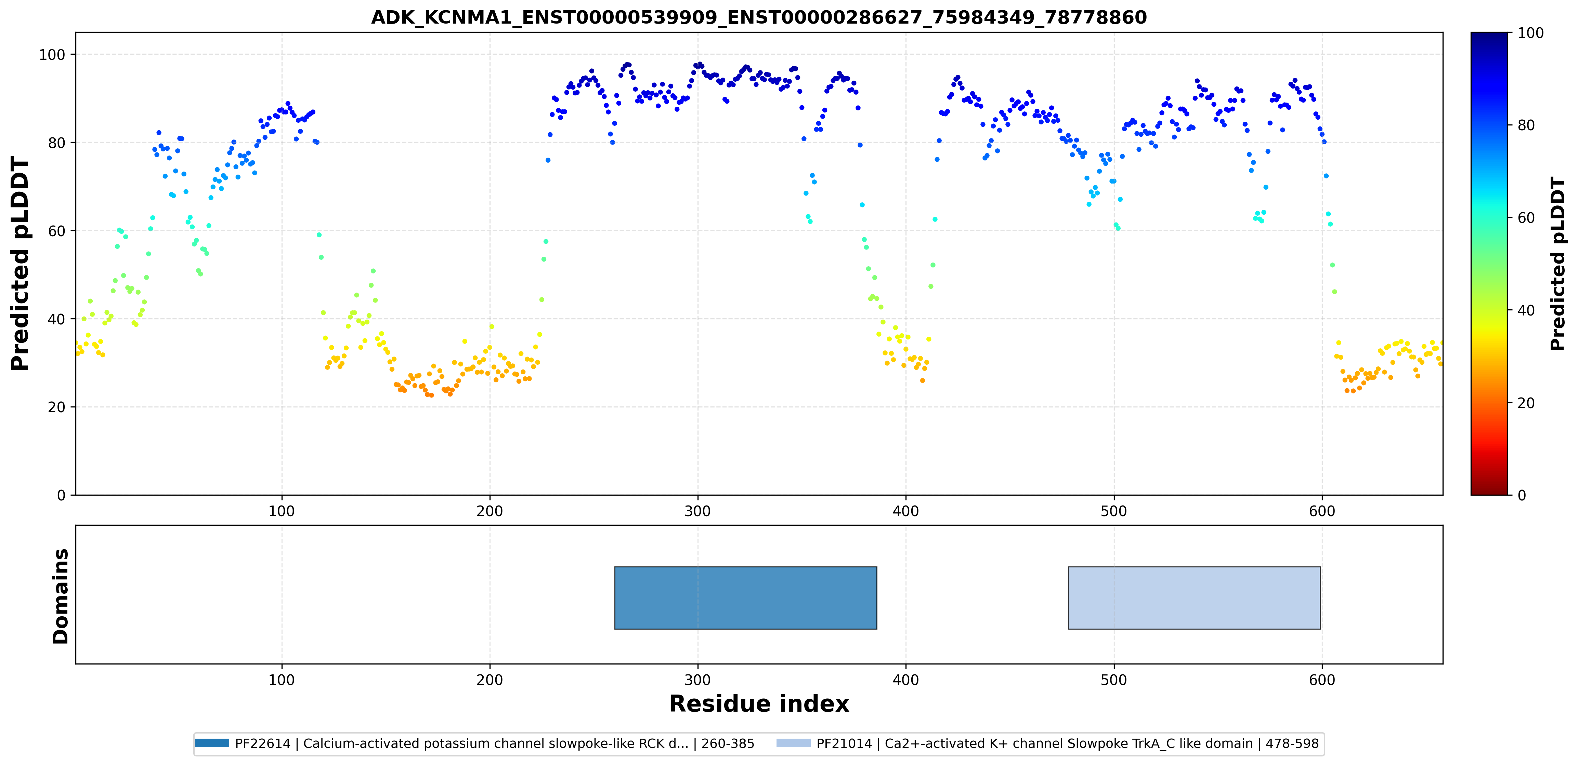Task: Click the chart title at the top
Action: (x=759, y=17)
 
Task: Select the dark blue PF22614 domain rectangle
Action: (x=745, y=597)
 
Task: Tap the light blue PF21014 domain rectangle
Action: (x=1194, y=597)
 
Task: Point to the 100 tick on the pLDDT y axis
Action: (x=52, y=54)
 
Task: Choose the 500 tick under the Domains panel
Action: (x=1114, y=680)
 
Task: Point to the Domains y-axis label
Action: (x=61, y=596)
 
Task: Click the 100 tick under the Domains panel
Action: (x=282, y=680)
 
